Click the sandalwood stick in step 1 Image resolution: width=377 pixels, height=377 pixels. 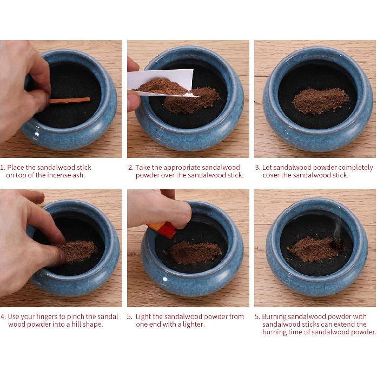(70, 100)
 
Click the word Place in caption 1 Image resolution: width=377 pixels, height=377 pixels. (16, 167)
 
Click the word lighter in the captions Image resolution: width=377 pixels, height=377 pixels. (193, 325)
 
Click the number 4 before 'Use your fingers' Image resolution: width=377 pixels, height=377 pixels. (3, 317)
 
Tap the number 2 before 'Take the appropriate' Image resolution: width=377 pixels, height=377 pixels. (130, 168)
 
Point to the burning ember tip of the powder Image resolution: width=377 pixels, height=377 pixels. (339, 244)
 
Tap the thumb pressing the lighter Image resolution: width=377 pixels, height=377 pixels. (178, 213)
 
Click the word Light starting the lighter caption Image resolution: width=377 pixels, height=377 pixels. (143, 317)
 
